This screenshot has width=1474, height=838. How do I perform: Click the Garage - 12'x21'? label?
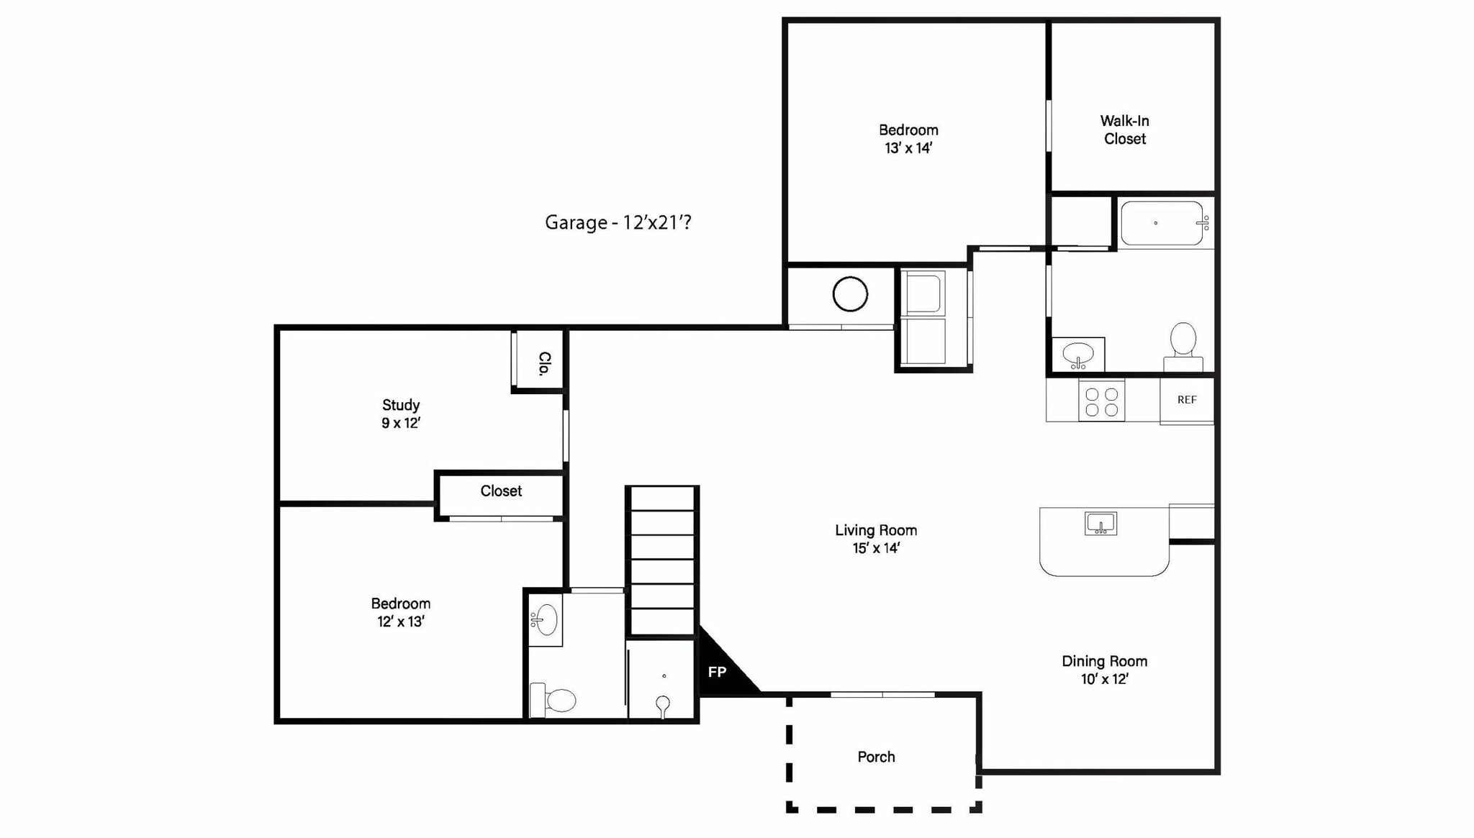coord(618,222)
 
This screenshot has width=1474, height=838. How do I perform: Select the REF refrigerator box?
coord(1187,400)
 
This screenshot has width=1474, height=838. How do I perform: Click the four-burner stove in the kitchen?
coord(1101,402)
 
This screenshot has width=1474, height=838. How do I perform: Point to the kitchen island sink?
coord(1100,524)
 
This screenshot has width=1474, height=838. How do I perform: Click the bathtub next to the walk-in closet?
coord(1162,224)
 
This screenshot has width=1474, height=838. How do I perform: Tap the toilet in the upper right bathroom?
coord(1183,344)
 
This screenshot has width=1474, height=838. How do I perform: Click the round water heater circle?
coord(850,294)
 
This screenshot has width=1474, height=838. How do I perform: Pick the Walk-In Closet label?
coord(1124,130)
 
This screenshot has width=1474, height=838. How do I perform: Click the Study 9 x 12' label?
coord(401,414)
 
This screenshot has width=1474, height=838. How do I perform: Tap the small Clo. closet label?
coord(545,363)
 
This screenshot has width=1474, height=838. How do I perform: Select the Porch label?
coord(876,757)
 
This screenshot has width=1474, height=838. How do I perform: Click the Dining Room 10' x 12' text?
coord(1104,670)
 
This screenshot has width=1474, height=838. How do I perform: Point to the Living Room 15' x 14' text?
coord(876,539)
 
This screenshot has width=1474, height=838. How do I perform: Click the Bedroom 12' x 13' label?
coord(401,612)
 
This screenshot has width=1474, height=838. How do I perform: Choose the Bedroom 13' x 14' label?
coord(908,139)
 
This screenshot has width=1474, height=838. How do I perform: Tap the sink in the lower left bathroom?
coord(546,619)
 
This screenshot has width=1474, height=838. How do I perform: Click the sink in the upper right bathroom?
coord(1078,354)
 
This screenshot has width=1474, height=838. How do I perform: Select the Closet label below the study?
coord(501,491)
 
